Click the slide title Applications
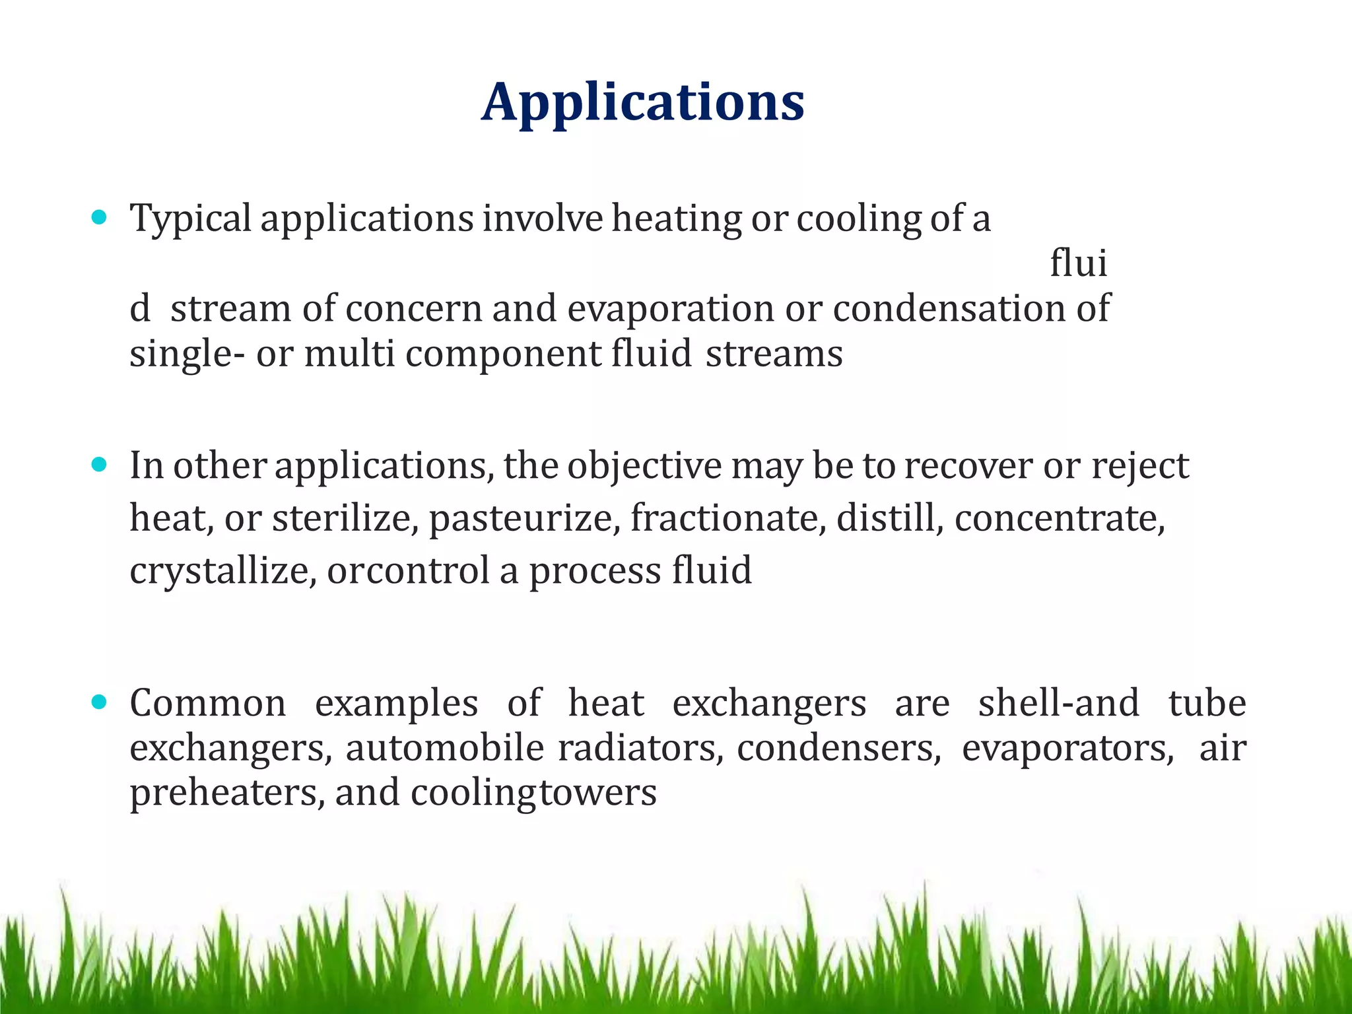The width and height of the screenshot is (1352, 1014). (642, 102)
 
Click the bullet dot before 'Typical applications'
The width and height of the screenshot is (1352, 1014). (99, 217)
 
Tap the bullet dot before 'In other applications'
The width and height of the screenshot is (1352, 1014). (99, 465)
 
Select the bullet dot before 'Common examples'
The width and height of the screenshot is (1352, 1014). (99, 702)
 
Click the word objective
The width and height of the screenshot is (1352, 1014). (644, 466)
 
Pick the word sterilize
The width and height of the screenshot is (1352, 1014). (345, 518)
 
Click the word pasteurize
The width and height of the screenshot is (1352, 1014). (525, 518)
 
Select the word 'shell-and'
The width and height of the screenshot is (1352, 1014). (1059, 703)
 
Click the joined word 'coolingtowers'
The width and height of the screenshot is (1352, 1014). (533, 793)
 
